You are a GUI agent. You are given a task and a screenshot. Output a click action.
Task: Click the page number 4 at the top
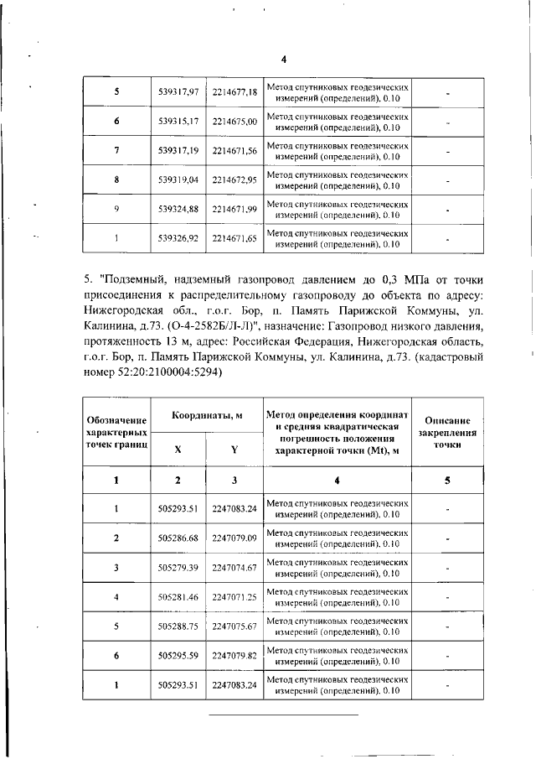(283, 60)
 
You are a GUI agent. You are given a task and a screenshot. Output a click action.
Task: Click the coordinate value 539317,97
(178, 91)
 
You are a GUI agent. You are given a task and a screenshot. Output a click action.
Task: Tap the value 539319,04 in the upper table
(178, 179)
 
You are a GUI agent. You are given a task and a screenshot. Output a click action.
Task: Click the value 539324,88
(178, 209)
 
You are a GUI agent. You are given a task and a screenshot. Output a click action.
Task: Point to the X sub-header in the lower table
(178, 449)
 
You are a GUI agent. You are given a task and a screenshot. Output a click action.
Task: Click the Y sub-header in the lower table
(234, 449)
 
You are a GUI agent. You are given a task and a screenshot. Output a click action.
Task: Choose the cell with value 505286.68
(178, 537)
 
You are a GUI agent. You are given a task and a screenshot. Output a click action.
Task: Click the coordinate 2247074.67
(234, 567)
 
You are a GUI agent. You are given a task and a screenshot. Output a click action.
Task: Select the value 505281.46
(178, 596)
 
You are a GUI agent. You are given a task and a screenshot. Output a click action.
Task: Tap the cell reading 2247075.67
(234, 626)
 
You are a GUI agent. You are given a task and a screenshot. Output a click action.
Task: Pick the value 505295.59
(178, 655)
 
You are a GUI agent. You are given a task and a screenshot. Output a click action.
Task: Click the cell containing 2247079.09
(234, 537)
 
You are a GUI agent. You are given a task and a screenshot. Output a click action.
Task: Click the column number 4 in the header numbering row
(337, 480)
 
